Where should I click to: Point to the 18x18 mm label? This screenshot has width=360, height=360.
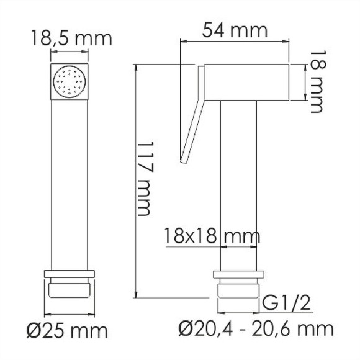pos(212,236)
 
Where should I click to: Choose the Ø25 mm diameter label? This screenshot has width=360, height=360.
pos(70,328)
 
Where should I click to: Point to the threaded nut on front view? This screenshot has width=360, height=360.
pos(70,292)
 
